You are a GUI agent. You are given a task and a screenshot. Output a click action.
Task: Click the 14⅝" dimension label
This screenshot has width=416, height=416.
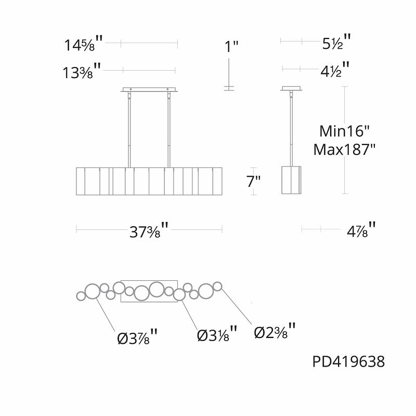click(84, 44)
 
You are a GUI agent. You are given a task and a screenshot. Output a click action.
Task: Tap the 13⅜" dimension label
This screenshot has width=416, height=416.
click(82, 71)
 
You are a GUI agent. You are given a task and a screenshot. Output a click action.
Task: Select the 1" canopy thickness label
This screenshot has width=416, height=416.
click(231, 47)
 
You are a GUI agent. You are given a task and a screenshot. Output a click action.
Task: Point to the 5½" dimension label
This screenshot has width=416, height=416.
click(336, 42)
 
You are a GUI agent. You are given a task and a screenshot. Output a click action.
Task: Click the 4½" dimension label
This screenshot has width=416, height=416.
click(335, 70)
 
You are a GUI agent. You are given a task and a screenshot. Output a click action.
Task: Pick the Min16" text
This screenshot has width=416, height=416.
click(344, 131)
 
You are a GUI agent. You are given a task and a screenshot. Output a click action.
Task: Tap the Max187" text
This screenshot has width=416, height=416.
click(344, 150)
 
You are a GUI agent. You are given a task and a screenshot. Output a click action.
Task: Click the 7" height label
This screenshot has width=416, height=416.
click(253, 181)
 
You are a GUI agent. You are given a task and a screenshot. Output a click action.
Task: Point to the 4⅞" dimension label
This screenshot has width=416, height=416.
click(361, 230)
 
